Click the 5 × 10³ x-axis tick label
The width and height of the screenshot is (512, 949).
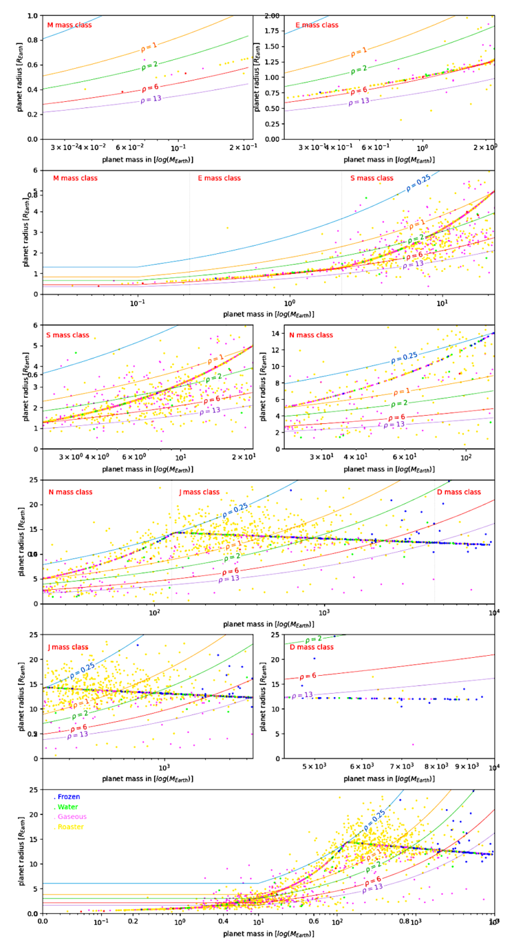tap(315, 766)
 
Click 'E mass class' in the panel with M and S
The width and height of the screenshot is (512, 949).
tap(219, 179)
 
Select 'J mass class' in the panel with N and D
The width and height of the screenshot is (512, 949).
tap(199, 492)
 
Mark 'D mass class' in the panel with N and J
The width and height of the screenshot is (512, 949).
tap(459, 492)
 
